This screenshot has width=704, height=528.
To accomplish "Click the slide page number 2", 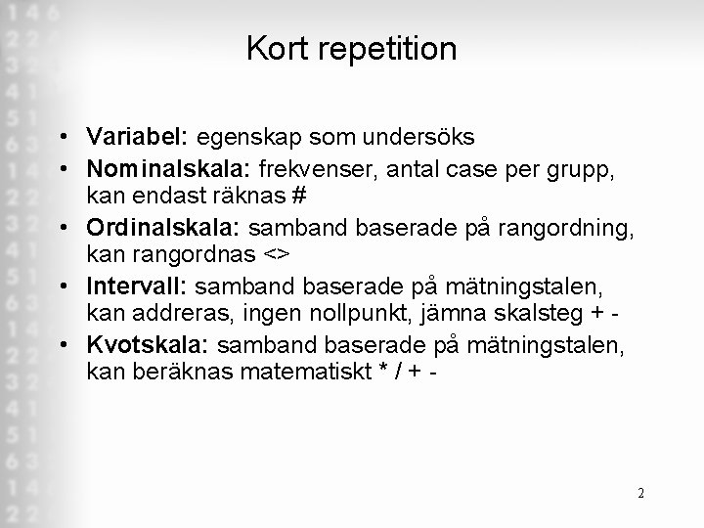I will click(x=640, y=493).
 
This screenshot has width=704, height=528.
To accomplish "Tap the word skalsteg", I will click(x=547, y=313).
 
